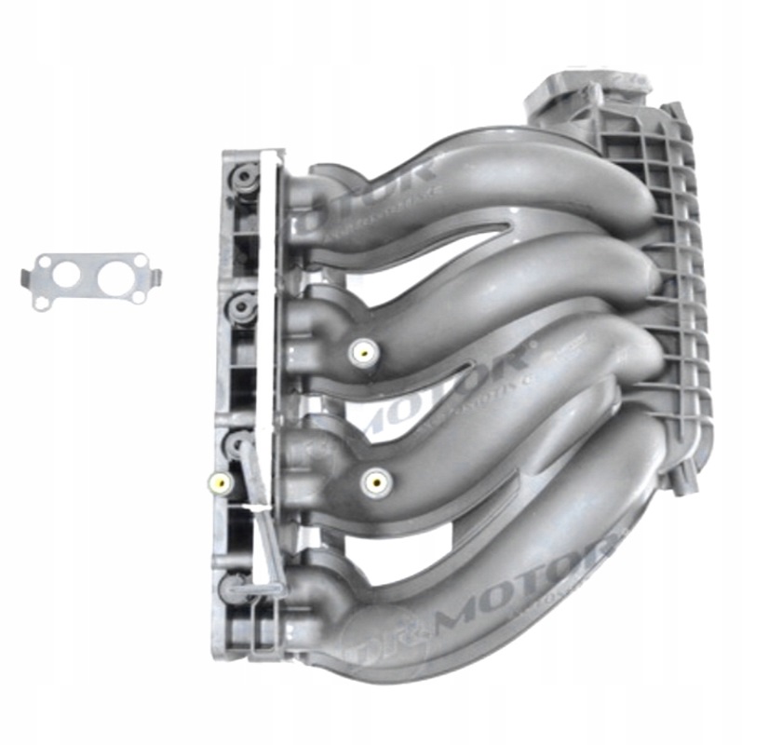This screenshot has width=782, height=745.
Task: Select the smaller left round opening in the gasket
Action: [64, 276]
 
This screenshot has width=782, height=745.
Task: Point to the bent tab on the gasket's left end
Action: [28, 275]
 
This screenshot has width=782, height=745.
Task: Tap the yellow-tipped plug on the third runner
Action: [374, 481]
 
